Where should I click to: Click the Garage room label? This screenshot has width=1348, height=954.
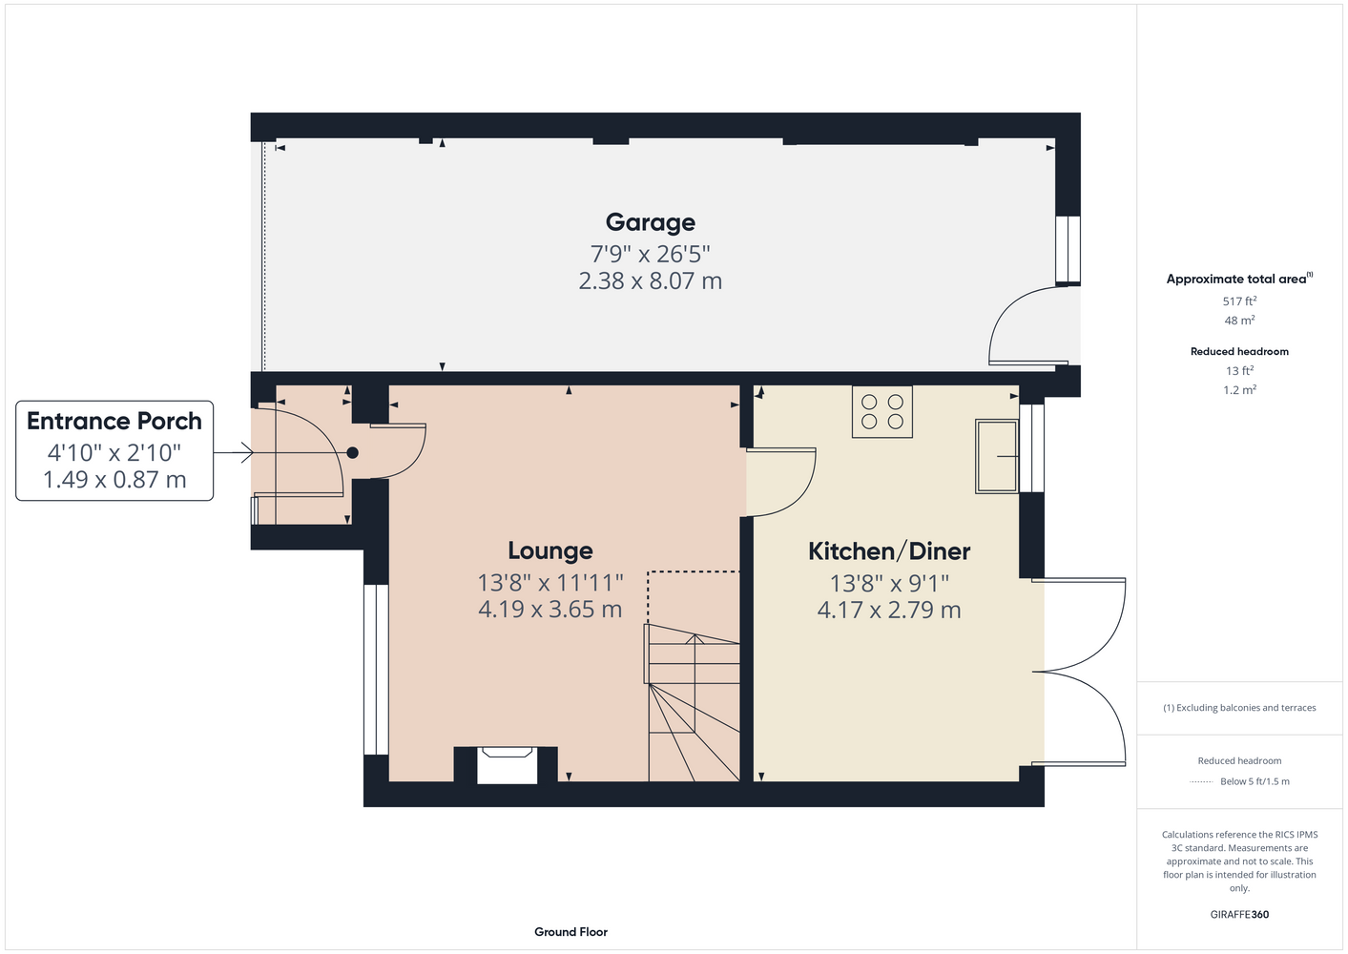coord(650,222)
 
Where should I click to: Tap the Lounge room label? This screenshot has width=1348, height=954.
coord(550,550)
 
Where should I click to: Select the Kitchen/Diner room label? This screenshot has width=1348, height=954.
coord(889,551)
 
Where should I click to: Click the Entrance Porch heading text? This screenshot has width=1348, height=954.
coord(114,422)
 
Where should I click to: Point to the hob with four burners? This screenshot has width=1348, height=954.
coord(882,411)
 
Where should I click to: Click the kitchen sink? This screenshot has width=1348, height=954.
coord(997,456)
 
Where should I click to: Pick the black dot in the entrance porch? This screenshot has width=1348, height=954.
coord(353,452)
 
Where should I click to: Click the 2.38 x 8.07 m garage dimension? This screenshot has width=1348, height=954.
coord(650,281)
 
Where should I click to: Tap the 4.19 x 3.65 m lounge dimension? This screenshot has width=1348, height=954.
coord(550,609)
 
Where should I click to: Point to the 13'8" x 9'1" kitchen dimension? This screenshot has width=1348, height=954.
coord(889,583)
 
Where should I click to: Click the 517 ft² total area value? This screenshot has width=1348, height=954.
coord(1239,301)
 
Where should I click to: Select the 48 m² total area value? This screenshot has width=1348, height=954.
coord(1239,321)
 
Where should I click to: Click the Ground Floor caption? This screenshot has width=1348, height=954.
coord(570,932)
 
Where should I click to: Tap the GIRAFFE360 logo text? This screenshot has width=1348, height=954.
coord(1239,914)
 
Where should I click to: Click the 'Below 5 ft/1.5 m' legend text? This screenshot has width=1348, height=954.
coord(1255,781)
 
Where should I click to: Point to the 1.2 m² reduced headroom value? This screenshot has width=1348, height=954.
coord(1239,390)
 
